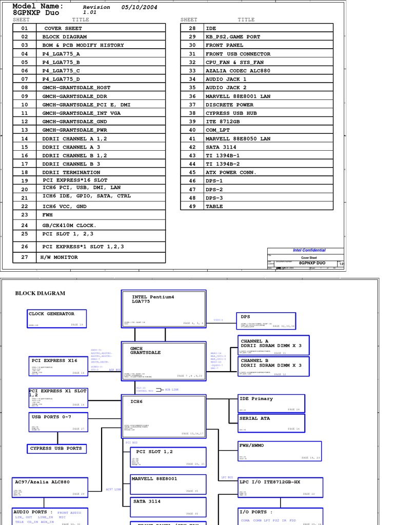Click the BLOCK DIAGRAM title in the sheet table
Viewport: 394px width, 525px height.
(65, 37)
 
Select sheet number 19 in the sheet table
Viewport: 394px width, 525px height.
(25, 180)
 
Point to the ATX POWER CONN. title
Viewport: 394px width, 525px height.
(231, 172)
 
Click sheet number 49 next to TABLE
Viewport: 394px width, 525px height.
(192, 206)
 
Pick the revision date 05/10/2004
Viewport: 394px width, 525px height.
(140, 7)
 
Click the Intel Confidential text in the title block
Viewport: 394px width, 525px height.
(309, 250)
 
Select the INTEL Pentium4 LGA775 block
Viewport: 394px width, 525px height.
(164, 309)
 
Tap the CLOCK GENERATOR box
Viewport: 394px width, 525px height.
(57, 318)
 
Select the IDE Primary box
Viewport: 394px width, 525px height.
(271, 403)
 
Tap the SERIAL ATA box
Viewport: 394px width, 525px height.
(271, 422)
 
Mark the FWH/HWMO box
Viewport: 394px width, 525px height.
(280, 450)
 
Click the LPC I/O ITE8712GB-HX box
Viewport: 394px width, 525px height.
(280, 488)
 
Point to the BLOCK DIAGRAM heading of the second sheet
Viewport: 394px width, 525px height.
(40, 293)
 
